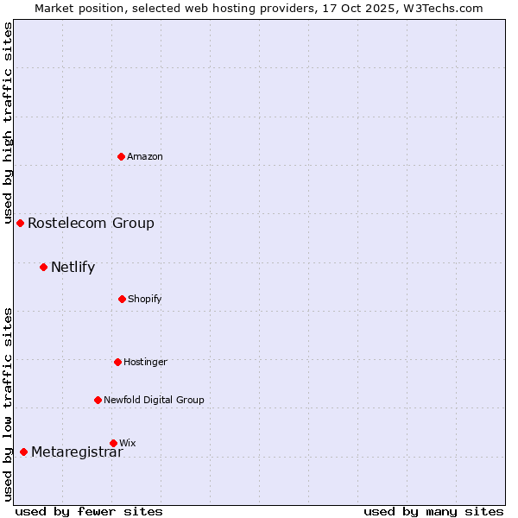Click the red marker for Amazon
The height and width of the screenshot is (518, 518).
point(122,156)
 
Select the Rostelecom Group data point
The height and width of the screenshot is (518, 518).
point(21,223)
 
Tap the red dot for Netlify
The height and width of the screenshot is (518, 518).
point(44,267)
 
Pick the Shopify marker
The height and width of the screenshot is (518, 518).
point(123,299)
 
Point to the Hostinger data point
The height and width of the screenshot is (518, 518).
point(118,362)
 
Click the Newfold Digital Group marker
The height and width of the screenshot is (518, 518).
point(98,400)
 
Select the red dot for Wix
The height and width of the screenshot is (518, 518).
point(114,443)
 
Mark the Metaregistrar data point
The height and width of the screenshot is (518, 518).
point(24,452)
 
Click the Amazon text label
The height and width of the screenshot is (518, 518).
point(145,156)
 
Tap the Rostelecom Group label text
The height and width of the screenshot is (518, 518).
point(91,223)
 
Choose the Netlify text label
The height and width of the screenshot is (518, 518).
point(73,267)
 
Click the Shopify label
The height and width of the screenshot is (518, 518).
point(145,299)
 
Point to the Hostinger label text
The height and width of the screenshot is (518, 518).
point(145,362)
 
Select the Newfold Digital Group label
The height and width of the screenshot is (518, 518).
point(154,400)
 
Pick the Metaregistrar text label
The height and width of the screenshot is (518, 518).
point(77,452)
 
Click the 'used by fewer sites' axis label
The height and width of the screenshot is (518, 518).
point(89,511)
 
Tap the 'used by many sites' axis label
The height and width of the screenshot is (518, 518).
point(433,511)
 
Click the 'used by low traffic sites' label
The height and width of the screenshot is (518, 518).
point(8,403)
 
